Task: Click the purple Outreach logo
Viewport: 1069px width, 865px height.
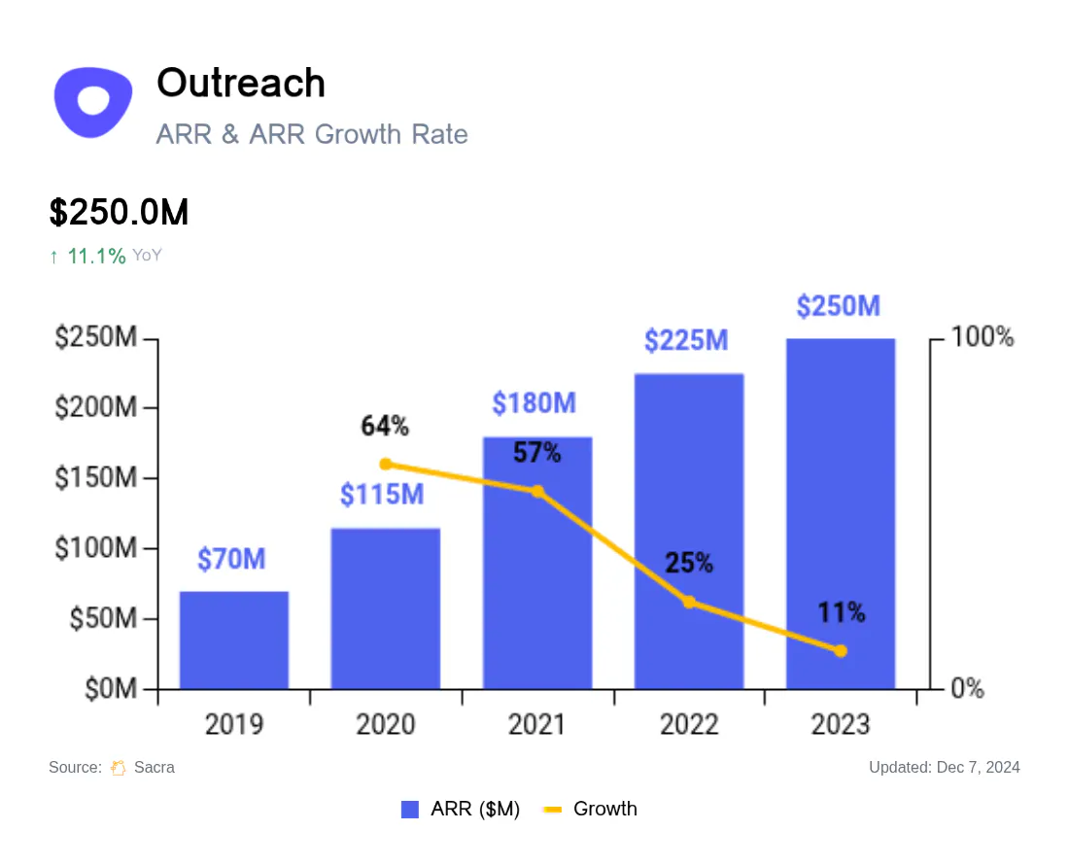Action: coord(93,102)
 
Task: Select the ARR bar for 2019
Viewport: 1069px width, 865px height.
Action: coord(234,640)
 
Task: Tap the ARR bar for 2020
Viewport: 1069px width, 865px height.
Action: coord(386,608)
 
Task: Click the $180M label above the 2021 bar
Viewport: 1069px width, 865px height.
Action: coord(534,402)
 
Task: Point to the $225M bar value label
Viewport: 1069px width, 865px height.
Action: coord(686,340)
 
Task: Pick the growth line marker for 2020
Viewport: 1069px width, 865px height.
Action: coord(385,465)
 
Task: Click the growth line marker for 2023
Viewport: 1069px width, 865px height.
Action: coord(841,651)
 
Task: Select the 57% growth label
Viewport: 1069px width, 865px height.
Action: coord(537,453)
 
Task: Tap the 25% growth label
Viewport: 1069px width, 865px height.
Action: coord(689,563)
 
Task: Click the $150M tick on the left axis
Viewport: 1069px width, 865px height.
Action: coord(96,478)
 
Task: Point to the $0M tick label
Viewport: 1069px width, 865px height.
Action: coord(111,689)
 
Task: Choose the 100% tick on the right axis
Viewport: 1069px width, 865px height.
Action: coord(983,336)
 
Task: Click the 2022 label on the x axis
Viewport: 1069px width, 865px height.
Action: coord(689,724)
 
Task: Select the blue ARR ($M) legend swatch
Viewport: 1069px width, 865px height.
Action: coord(410,809)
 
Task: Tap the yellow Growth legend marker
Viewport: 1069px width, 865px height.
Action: coord(552,810)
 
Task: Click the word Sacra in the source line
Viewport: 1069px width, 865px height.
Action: coord(155,768)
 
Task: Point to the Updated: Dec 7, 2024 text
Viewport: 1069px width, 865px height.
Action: coord(945,768)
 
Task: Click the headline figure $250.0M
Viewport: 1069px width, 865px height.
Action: coord(119,212)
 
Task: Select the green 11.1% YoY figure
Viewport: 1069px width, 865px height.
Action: coord(96,257)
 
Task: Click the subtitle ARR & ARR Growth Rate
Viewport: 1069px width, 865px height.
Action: coord(312,134)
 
